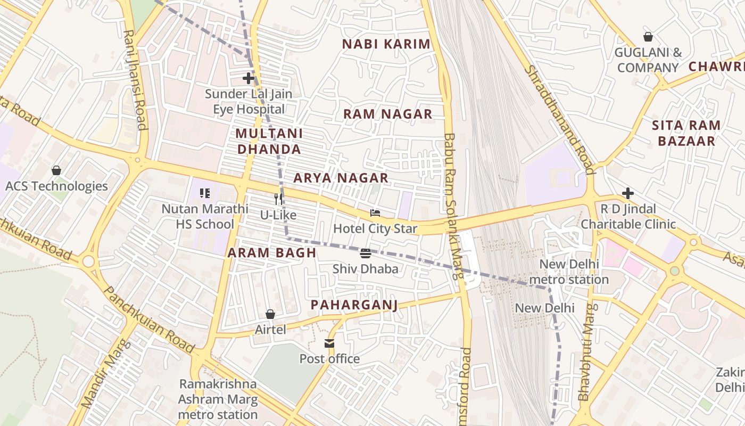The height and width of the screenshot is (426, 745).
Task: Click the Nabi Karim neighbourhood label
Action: coord(386,44)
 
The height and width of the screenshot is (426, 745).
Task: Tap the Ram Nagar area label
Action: coord(387,114)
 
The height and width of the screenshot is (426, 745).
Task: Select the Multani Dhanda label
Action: coord(269,141)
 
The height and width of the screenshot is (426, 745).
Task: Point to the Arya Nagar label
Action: coord(341,178)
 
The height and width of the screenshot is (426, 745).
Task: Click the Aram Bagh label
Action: coord(272,253)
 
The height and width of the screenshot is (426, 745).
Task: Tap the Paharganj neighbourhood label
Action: coord(354,305)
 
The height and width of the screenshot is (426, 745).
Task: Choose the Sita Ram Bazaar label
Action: coord(686,133)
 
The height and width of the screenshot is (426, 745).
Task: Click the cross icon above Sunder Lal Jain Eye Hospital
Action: coord(249,78)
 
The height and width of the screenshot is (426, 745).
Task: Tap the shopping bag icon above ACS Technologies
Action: coord(56,170)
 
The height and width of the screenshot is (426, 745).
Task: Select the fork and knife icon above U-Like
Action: coord(278,199)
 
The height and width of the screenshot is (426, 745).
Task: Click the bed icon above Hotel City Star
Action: coord(375,213)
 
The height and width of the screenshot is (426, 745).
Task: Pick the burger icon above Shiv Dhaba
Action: coord(365,253)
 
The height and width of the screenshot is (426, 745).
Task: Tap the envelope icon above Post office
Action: coord(329,343)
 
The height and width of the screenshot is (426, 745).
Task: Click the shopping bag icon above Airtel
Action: coord(270,314)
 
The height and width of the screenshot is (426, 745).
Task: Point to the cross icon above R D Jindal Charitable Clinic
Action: coord(628,193)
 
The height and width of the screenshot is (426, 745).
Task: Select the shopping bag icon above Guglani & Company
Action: coord(648,37)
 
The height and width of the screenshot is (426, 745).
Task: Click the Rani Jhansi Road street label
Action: coord(135,80)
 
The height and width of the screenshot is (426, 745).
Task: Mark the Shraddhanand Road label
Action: coord(559,120)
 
